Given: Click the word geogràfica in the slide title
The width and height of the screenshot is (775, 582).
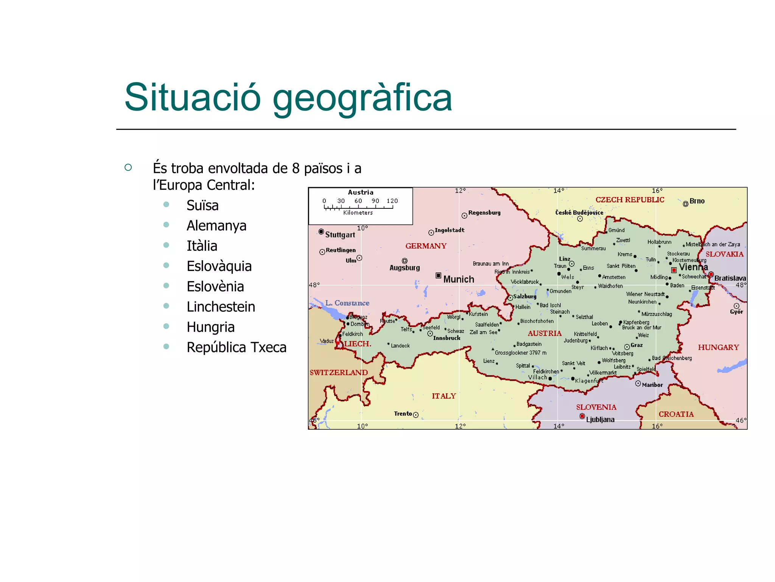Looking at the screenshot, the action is (362, 98).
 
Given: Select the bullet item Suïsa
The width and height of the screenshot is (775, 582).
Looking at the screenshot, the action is (202, 205).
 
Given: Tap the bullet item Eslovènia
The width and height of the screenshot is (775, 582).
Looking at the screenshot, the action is (215, 286).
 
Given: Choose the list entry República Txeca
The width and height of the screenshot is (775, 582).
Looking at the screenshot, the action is (236, 347).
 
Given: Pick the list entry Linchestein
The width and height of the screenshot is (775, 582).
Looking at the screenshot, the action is (221, 307).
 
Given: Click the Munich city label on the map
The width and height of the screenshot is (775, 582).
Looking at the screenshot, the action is (458, 279).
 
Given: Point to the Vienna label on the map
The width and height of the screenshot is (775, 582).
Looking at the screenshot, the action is (693, 267).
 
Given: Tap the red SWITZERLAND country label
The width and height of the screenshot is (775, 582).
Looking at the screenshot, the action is (339, 372).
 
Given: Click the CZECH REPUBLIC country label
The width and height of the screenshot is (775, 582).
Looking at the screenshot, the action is (630, 200).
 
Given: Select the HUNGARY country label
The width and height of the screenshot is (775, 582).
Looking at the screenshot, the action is (718, 347).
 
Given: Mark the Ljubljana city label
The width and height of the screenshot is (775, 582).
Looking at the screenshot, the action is (600, 419).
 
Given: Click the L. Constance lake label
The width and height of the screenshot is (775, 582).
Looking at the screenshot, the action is (347, 303).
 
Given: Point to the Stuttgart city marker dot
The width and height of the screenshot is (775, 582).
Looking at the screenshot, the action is (321, 232).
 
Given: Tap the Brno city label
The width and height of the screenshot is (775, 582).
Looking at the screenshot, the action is (697, 201).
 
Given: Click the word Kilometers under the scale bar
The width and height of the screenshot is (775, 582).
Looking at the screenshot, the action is (358, 213).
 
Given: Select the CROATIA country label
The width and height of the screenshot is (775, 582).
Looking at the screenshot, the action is (676, 414).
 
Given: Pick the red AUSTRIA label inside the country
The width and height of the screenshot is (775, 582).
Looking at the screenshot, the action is (545, 333).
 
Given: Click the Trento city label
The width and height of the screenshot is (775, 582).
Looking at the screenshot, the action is (403, 413).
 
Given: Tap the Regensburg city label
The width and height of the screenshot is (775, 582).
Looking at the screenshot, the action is (484, 213).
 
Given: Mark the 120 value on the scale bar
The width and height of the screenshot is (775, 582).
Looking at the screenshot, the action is (392, 201).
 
